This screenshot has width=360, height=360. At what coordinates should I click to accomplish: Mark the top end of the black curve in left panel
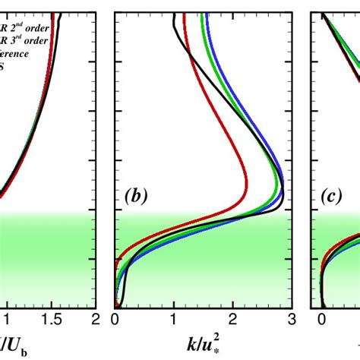61,15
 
